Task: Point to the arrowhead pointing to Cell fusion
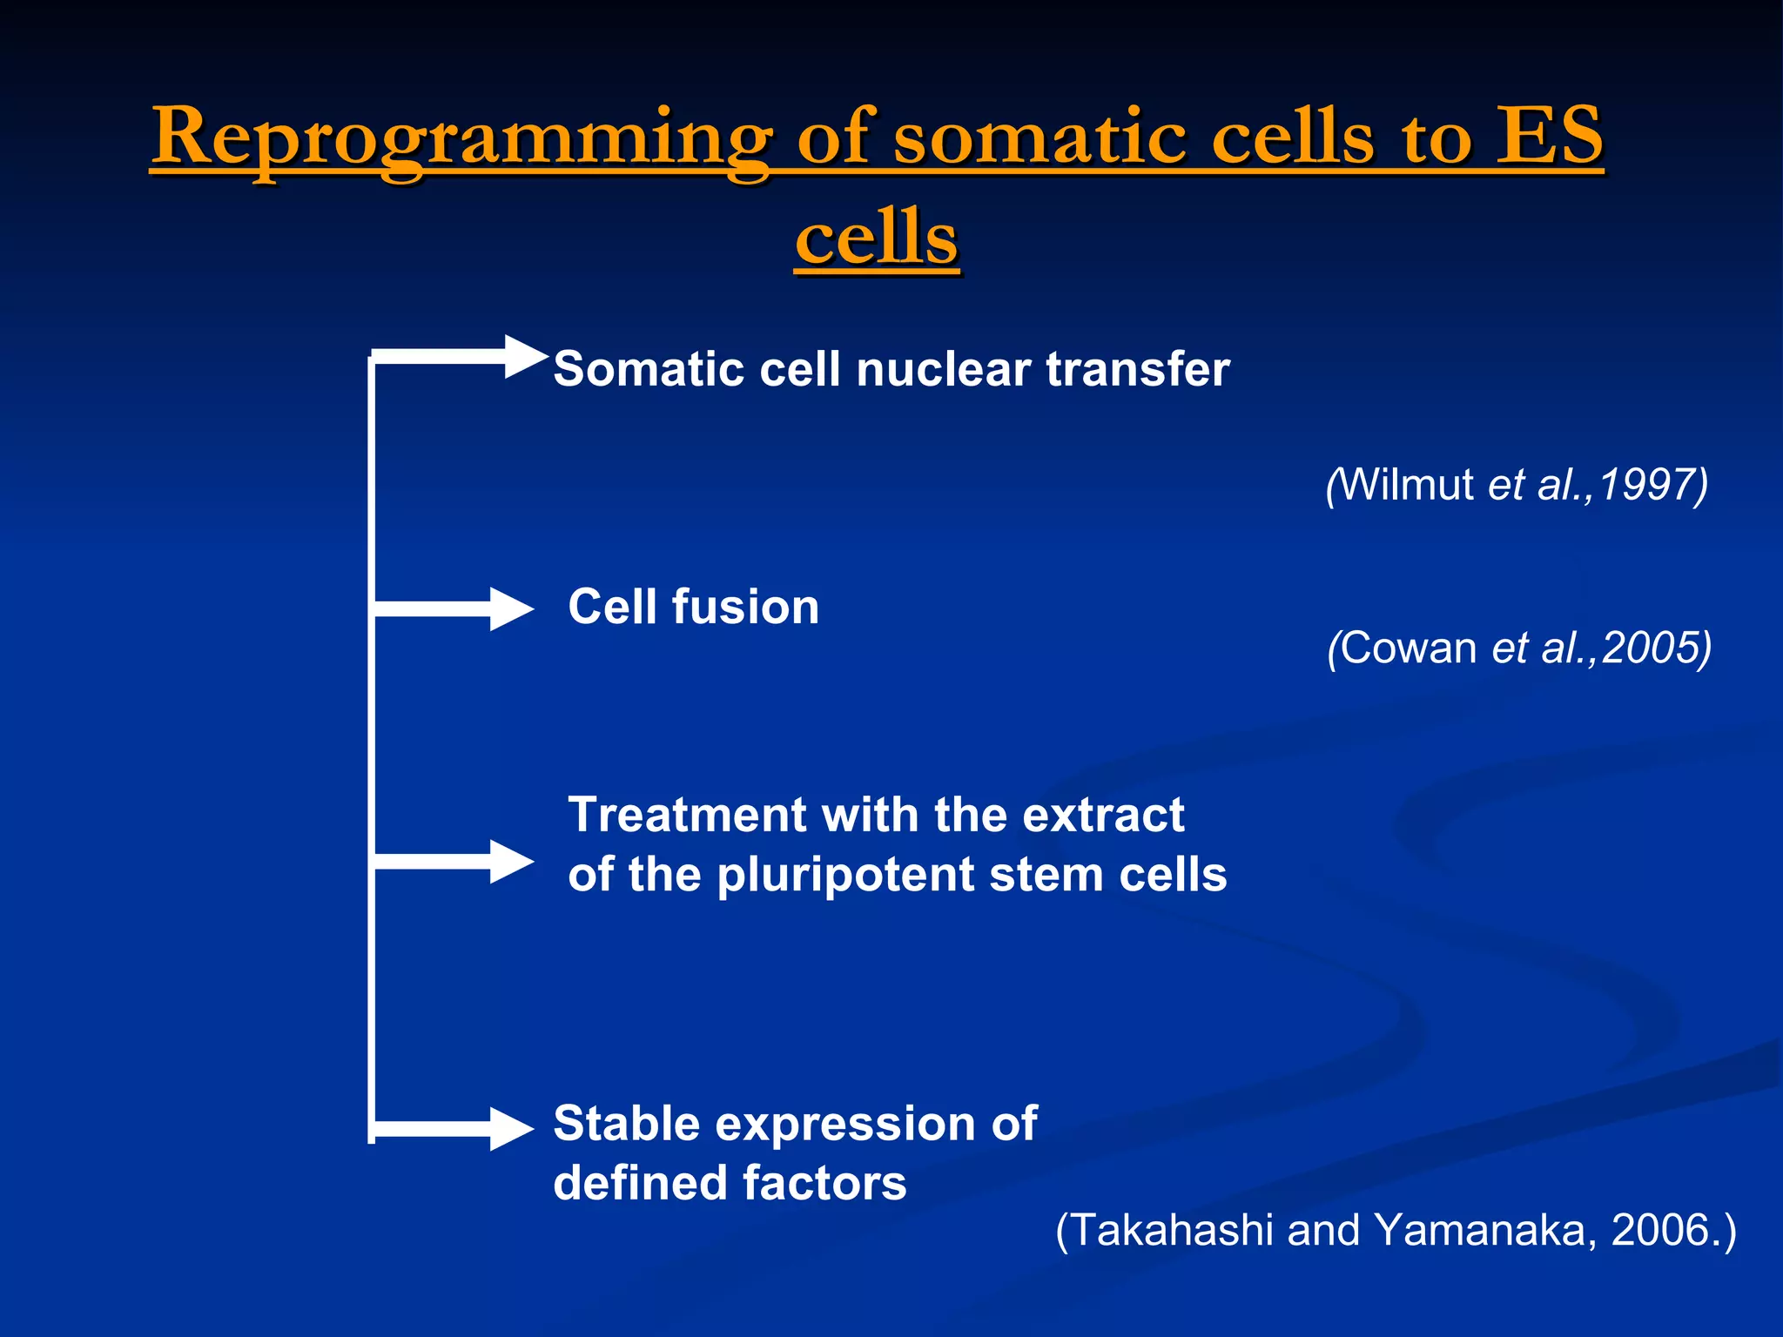(510, 609)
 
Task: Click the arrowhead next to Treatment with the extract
(510, 862)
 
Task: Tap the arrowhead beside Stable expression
(510, 1129)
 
